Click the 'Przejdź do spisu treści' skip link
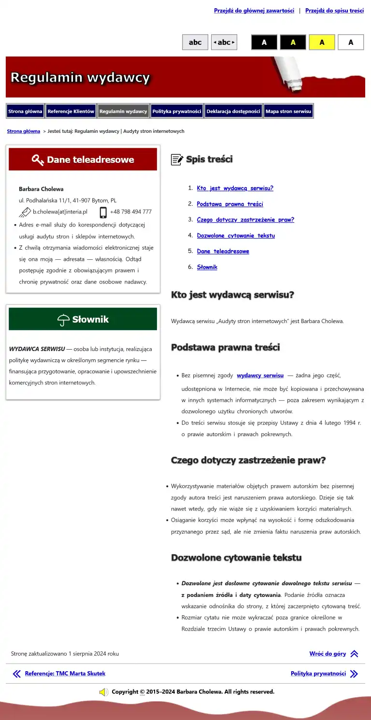coord(334,11)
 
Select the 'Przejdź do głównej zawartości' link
coord(254,11)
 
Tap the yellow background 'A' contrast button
coord(322,42)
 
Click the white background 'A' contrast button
coord(351,42)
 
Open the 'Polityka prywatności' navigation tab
coord(177,112)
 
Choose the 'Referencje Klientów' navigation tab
coord(71,112)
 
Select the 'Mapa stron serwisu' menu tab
coord(288,112)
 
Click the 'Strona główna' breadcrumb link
coord(23,131)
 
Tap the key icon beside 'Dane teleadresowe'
coord(38,160)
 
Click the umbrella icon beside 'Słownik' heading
coord(63,320)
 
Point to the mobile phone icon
coord(103,212)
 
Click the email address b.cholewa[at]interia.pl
coord(60,212)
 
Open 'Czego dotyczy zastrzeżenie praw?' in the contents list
coord(245,220)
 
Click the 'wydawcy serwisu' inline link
coord(260,375)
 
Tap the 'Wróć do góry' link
coord(328,654)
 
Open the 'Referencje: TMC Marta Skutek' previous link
coord(65,674)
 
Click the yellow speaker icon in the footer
coord(103,692)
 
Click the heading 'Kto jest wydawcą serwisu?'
coord(232,295)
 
